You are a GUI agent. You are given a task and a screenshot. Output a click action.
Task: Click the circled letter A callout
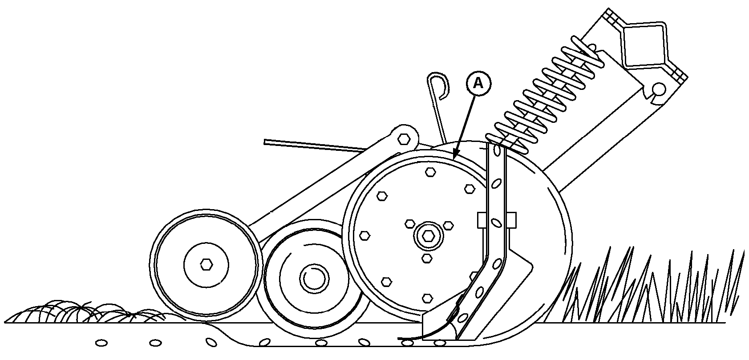pyautogui.click(x=478, y=84)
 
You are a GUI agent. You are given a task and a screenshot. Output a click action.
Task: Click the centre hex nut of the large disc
pyautogui.click(x=428, y=236)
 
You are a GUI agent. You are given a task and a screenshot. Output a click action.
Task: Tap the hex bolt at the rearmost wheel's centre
pyautogui.click(x=206, y=265)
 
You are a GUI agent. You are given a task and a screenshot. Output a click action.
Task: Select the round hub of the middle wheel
pyautogui.click(x=314, y=278)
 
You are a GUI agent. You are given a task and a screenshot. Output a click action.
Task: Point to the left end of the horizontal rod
pyautogui.click(x=265, y=142)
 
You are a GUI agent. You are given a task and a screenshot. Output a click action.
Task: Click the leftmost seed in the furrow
pyautogui.click(x=101, y=343)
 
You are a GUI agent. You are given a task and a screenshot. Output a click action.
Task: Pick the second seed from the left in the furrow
pyautogui.click(x=155, y=343)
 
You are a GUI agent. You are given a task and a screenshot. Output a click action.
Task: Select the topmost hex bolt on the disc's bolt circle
pyautogui.click(x=430, y=173)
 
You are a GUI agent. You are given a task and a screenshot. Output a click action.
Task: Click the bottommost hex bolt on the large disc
pyautogui.click(x=428, y=298)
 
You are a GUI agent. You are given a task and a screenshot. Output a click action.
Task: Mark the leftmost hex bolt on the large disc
pyautogui.click(x=364, y=235)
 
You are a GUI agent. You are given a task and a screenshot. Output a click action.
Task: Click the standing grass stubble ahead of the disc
pyautogui.click(x=652, y=287)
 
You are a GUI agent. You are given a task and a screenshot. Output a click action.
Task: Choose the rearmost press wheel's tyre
pyautogui.click(x=206, y=266)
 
